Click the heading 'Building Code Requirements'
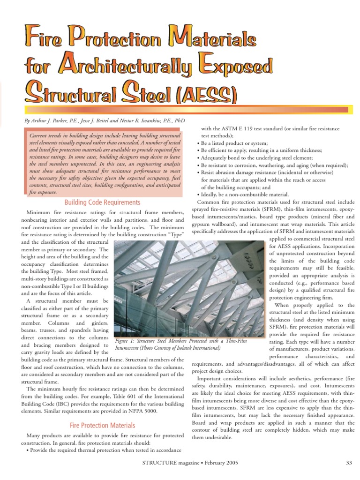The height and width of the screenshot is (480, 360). [x=102, y=202]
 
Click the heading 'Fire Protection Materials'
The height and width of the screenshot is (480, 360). [x=102, y=425]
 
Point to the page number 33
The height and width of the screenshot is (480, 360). [x=349, y=463]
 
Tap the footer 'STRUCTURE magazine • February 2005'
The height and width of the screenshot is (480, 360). [x=190, y=463]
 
